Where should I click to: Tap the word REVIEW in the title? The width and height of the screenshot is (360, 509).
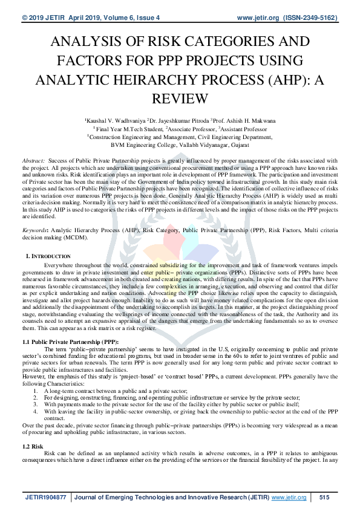(180, 99)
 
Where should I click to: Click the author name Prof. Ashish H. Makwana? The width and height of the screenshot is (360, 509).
(244, 121)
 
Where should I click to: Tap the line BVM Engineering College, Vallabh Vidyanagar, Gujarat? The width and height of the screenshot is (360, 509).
(180, 145)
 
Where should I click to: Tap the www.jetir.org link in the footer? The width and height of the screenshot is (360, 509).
(289, 497)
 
